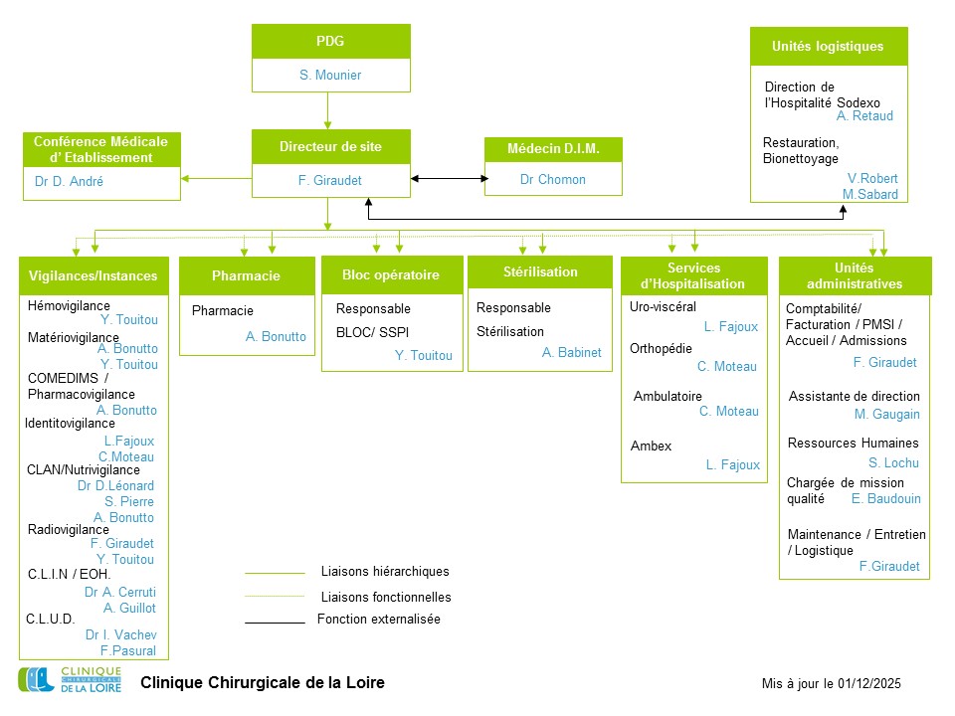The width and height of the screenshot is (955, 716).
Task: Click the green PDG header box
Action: [x=330, y=42]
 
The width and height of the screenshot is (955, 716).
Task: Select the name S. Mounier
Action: [x=330, y=76]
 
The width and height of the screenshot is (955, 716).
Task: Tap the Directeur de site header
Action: [x=330, y=147]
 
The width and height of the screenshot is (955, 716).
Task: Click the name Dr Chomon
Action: [x=553, y=180]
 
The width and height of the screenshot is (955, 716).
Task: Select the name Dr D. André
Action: [x=69, y=182]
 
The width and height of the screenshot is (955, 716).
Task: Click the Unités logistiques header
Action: [x=828, y=47]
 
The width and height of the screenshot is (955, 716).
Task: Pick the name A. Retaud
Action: [x=864, y=116]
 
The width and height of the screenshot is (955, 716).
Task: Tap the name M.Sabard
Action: [x=869, y=194]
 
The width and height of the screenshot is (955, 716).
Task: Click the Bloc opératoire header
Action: [x=391, y=275]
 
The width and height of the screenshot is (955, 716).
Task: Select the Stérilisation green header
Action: [x=541, y=271]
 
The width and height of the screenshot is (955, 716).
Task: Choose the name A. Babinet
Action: [x=571, y=353]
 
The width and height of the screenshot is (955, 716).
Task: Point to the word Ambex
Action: [x=651, y=447]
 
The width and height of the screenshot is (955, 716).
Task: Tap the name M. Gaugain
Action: [x=886, y=415]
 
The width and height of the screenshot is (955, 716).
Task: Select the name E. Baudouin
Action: [x=885, y=499]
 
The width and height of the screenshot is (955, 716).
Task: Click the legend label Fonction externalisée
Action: [x=378, y=620]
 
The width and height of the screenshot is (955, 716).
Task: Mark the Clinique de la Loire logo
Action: [x=70, y=681]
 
